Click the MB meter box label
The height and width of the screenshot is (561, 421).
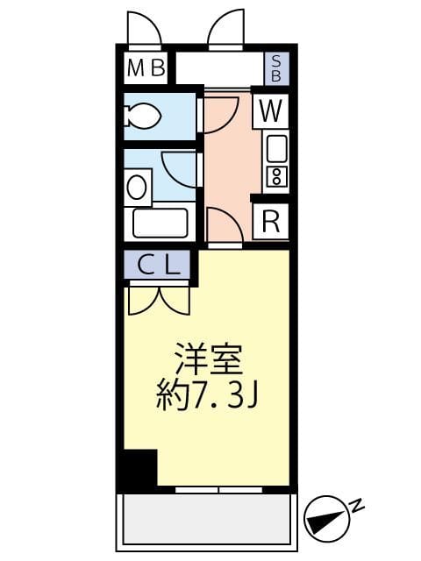pos(146,67)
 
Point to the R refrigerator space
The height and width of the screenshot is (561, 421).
pos(272,221)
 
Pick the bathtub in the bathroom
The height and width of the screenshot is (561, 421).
pos(161,223)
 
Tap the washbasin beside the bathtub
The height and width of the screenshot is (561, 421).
pos(138,186)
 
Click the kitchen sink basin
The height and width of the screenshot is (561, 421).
pos(276,146)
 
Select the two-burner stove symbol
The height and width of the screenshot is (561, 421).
pos(276,176)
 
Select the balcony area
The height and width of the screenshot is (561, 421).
pos(208,522)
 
